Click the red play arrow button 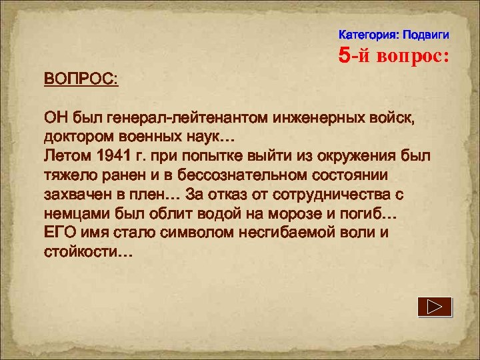[435, 307]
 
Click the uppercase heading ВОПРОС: [81, 80]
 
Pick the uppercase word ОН [55, 119]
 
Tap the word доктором [76, 138]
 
